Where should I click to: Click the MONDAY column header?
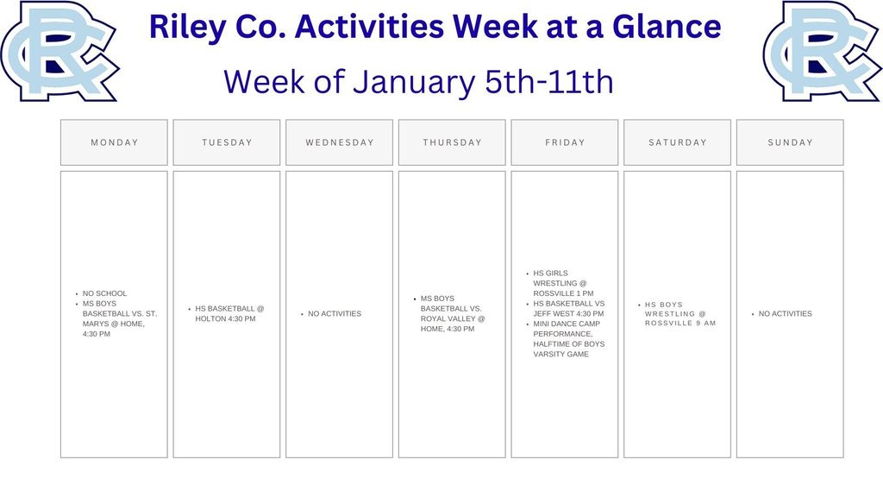(x=114, y=142)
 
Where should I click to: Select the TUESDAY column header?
(x=227, y=142)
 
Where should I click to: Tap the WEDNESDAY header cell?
(x=340, y=142)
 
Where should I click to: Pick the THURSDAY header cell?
(x=452, y=142)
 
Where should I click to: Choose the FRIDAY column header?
(x=565, y=142)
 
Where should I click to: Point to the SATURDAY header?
(x=677, y=142)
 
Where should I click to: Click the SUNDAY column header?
(x=790, y=142)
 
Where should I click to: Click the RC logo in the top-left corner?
(x=59, y=50)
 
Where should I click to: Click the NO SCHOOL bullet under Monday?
(x=104, y=293)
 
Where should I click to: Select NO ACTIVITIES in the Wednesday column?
(x=335, y=314)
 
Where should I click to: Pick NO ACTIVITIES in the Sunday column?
(x=785, y=314)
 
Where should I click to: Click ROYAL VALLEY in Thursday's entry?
(x=448, y=318)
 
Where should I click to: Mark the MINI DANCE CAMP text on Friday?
(x=567, y=324)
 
